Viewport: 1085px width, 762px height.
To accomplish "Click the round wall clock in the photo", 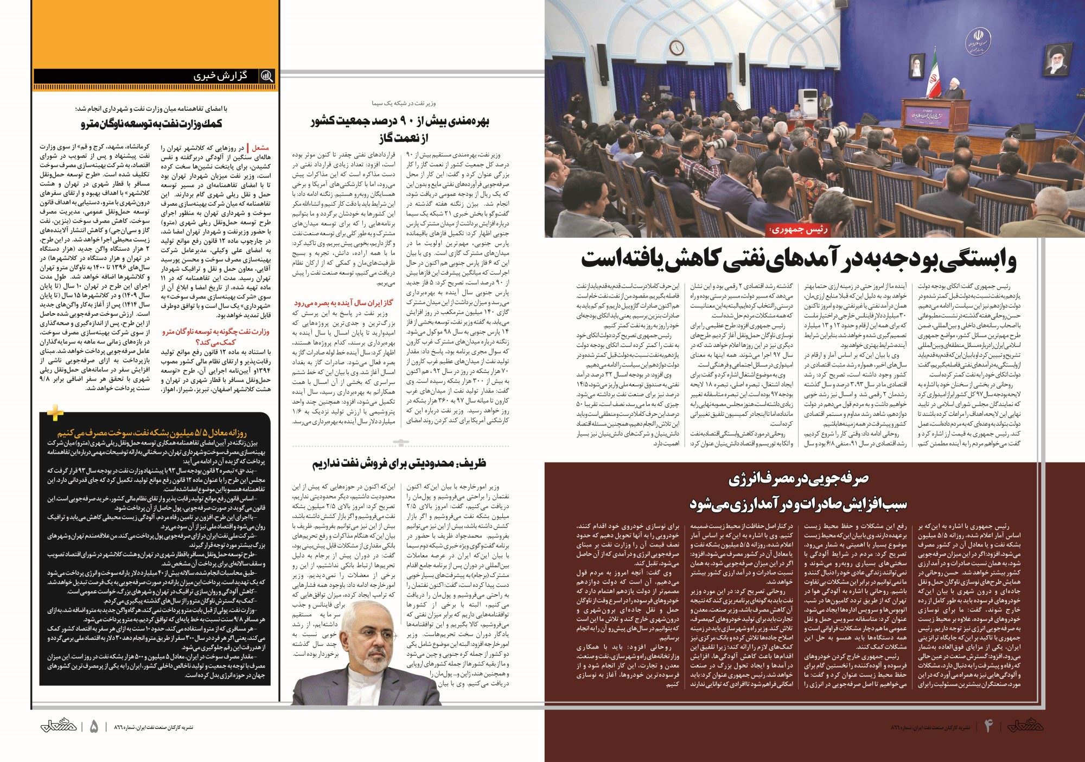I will pos(676,47).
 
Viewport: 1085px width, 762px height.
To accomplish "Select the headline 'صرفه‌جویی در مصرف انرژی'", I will pos(798,479).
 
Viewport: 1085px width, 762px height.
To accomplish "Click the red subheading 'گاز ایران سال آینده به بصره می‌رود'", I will pos(343,303).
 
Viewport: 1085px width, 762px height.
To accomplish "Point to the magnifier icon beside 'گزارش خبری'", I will pos(266,76).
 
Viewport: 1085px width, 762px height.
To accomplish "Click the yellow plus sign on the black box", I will pos(55,412).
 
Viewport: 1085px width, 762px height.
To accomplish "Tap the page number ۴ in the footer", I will pos(988,726).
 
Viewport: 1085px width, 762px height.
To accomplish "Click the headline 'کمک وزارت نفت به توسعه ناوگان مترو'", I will pos(152,124).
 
